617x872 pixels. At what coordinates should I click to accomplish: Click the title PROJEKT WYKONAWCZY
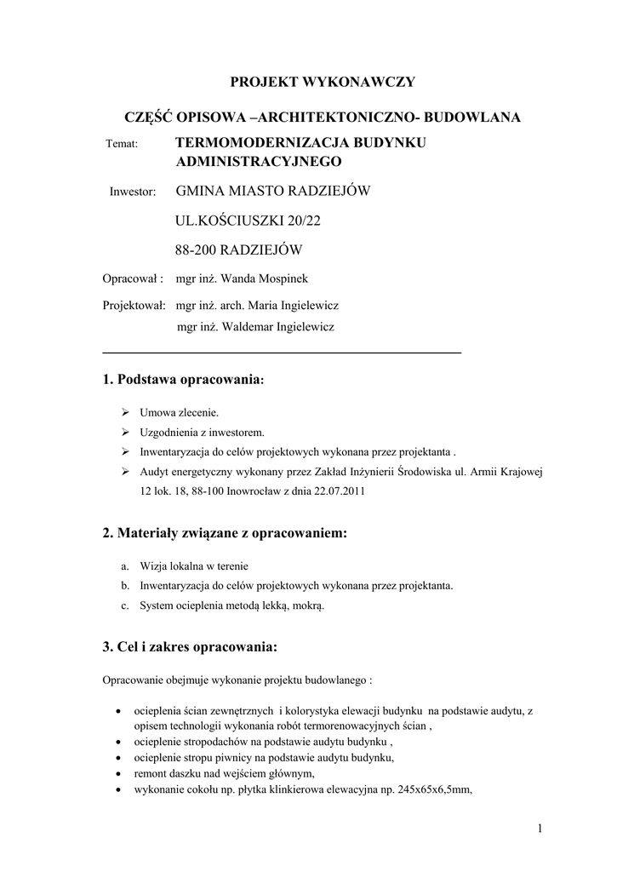click(323, 82)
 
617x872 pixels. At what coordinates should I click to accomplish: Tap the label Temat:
click(122, 144)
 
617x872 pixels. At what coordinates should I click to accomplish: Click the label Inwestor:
click(133, 192)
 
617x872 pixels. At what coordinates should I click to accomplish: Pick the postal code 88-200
click(195, 250)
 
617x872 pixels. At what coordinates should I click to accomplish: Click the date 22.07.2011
click(338, 491)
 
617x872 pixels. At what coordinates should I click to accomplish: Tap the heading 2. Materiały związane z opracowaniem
click(225, 534)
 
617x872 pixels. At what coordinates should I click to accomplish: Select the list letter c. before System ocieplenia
click(124, 606)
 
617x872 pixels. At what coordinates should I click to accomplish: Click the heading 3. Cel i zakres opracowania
click(190, 647)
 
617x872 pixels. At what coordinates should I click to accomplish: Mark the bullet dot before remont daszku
click(117, 774)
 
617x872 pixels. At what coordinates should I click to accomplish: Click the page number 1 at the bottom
click(540, 829)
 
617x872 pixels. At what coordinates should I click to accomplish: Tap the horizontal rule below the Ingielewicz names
click(281, 352)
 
